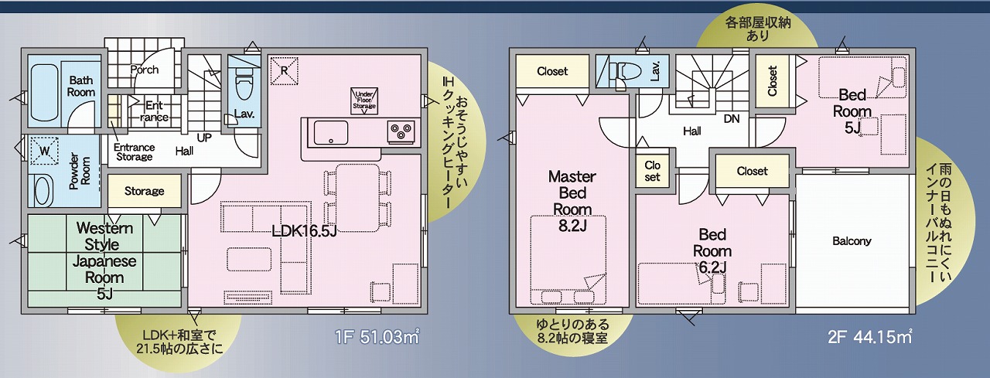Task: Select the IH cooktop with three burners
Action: pos(401,132)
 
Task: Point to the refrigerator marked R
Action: pos(284,70)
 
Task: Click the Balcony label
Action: pos(852,241)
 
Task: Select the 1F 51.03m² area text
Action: pos(377,337)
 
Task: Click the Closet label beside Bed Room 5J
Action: pos(773,80)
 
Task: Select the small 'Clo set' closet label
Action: pos(652,171)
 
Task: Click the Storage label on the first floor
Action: pos(144,191)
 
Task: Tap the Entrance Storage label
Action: pos(134,152)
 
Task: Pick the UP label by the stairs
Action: pos(204,138)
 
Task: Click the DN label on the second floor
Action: pos(731,120)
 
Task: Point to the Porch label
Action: pos(145,69)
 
